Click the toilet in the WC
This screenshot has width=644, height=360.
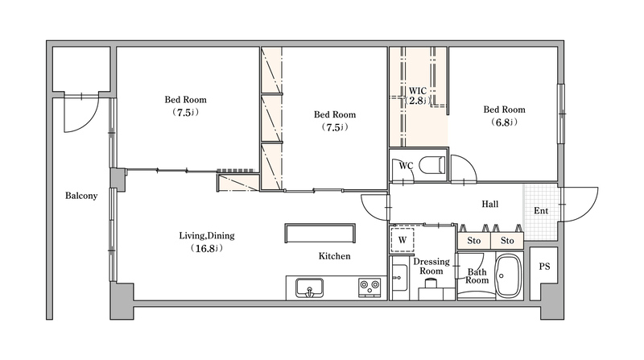(x=432, y=165)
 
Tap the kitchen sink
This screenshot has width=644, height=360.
(x=309, y=288)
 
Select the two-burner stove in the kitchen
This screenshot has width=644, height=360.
(x=369, y=288)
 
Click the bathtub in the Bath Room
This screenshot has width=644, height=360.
(x=509, y=276)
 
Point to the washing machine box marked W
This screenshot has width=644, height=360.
(x=402, y=240)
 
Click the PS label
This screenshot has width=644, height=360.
(x=544, y=267)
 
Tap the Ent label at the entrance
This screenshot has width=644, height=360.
(x=541, y=211)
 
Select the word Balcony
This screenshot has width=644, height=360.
(x=81, y=196)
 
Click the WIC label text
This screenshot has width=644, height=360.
(x=417, y=91)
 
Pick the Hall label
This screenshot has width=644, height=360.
(x=490, y=204)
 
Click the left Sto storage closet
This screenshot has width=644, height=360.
(x=474, y=241)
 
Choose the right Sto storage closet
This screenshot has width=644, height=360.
(x=507, y=241)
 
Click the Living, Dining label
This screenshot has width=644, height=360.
(x=207, y=236)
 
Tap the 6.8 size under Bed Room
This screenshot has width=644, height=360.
(x=504, y=122)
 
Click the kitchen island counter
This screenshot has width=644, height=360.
(x=320, y=234)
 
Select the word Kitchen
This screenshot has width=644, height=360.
(x=334, y=256)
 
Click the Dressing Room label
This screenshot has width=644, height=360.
(x=431, y=267)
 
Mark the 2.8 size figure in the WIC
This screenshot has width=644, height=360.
(x=418, y=101)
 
